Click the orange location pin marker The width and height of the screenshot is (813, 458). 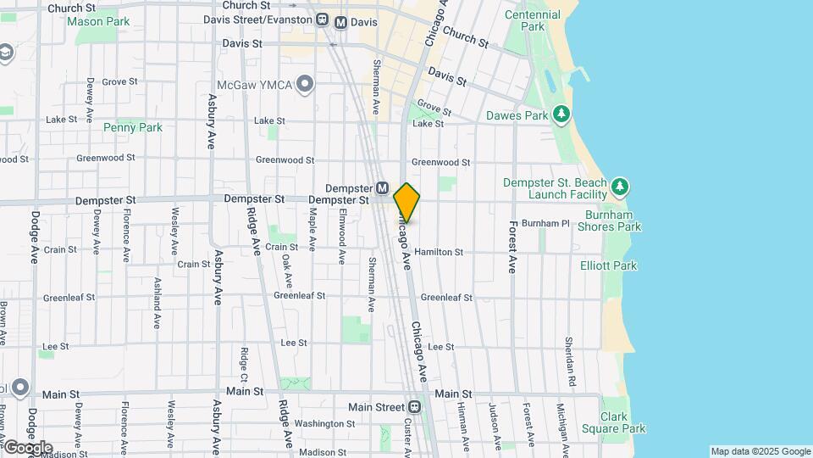(x=407, y=203)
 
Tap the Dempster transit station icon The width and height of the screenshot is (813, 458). (x=382, y=187)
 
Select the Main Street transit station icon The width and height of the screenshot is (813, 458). (x=416, y=407)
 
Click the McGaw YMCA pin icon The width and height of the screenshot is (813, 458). (x=306, y=83)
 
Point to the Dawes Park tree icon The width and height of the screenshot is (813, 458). (x=560, y=114)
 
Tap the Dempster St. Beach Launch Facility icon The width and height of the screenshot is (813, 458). (x=620, y=186)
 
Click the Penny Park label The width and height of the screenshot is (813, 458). (x=132, y=128)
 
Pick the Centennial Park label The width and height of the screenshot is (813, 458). (x=532, y=20)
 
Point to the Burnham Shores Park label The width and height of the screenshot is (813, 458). (x=610, y=220)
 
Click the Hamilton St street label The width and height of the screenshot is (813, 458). (x=439, y=252)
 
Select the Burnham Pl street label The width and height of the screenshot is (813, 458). (x=545, y=223)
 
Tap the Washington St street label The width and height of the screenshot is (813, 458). (x=325, y=423)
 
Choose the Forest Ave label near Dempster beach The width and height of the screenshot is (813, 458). (x=512, y=247)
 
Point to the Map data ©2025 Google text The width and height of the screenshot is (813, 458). (x=760, y=451)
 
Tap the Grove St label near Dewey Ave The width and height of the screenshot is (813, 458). (x=120, y=82)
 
